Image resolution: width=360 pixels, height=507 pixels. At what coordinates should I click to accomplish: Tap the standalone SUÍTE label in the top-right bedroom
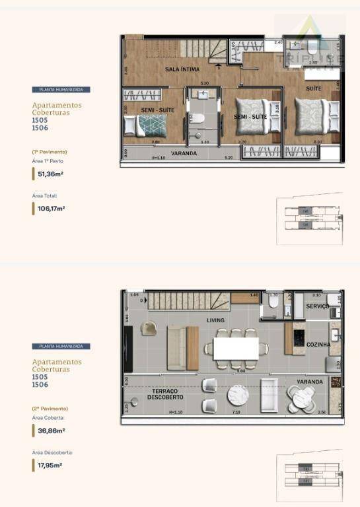pyautogui.click(x=313, y=88)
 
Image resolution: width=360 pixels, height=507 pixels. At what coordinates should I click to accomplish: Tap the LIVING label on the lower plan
pyautogui.click(x=216, y=321)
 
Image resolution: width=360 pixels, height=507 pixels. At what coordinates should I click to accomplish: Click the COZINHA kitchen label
pyautogui.click(x=318, y=345)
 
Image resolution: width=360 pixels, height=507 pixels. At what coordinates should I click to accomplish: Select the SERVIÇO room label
pyautogui.click(x=318, y=306)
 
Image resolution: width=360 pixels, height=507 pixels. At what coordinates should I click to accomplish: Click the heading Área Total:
pyautogui.click(x=45, y=195)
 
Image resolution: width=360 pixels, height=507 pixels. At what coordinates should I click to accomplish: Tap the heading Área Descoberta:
pyautogui.click(x=52, y=453)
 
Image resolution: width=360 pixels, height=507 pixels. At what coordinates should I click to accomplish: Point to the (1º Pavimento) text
pyautogui.click(x=50, y=152)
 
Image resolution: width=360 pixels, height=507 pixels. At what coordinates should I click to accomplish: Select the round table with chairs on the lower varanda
pyautogui.click(x=302, y=397)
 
